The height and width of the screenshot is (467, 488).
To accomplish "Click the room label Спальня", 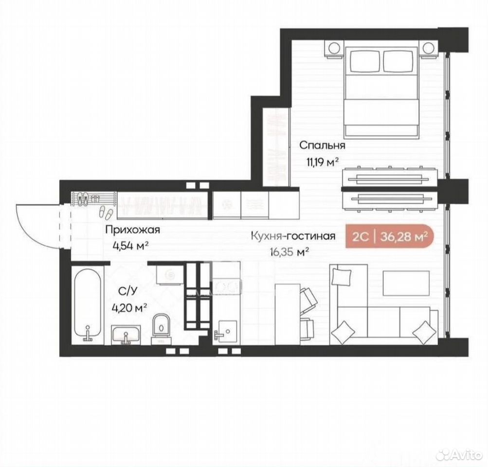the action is pos(322,145).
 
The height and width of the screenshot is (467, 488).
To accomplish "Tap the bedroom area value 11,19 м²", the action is pos(323,162).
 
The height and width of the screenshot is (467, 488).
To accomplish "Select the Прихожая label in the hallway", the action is pos(132,230).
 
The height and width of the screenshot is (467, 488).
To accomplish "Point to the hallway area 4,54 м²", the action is pos(130,246).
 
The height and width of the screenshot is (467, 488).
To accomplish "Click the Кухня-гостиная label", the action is pos(293,236).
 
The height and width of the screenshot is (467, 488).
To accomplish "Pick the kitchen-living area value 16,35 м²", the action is pos(289,251).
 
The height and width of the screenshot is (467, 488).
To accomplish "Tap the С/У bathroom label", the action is pos(128,291).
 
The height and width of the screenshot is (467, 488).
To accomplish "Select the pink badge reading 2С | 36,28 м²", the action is pos(389,237).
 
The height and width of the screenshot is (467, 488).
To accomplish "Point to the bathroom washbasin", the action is pos(127,335).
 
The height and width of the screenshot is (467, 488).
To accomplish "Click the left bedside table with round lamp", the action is pos(335,49).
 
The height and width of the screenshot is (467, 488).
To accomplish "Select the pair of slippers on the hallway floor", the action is pos(106,212).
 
